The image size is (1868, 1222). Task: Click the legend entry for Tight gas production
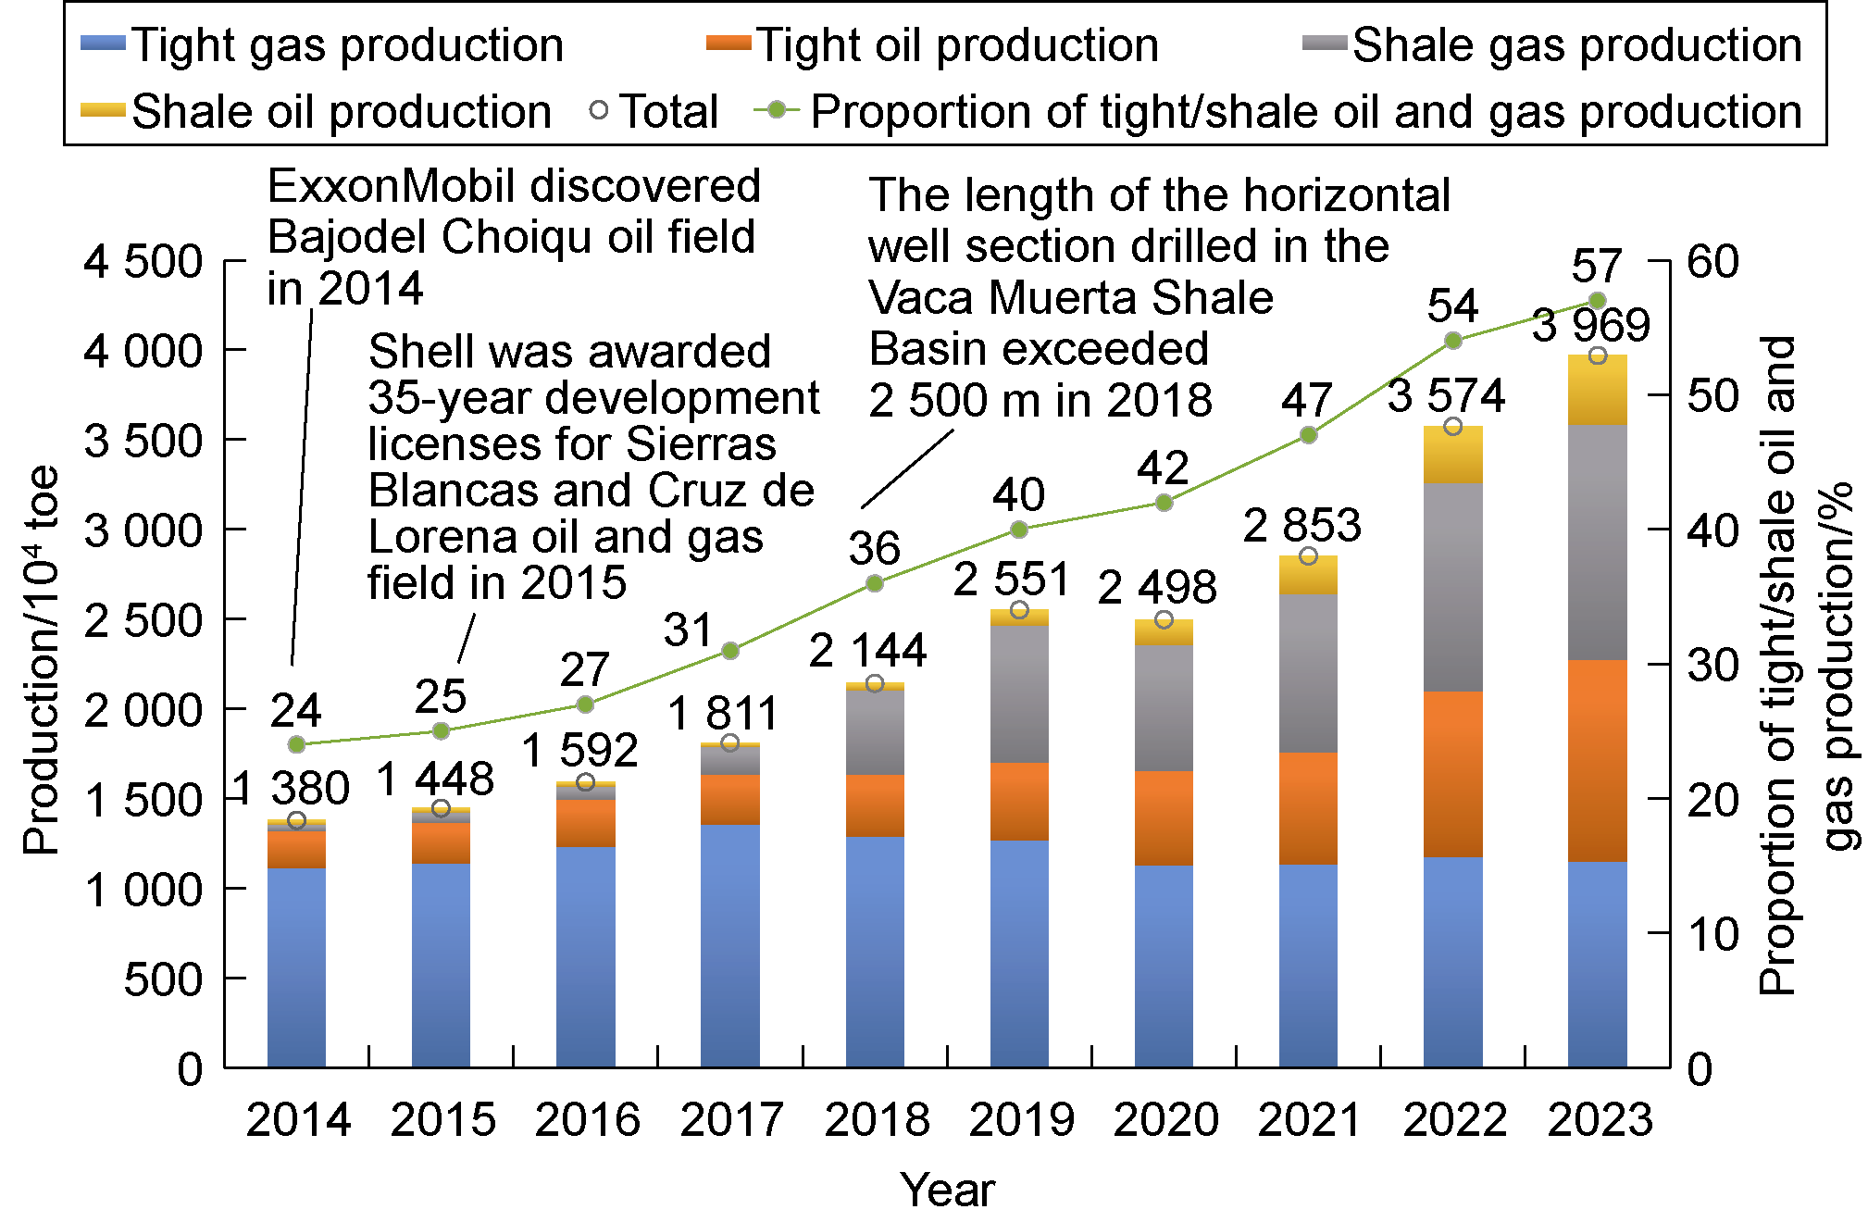coord(324,44)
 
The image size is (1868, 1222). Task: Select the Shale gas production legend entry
coord(1555,44)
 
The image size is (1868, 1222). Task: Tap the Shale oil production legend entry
coord(319,112)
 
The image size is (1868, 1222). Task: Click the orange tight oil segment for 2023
coord(1597,761)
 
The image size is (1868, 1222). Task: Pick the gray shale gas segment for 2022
coord(1452,587)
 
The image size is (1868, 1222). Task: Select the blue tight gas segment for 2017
coord(729,944)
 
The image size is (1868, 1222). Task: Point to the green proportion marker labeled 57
coord(1597,301)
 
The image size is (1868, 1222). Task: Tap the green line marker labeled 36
coord(874,583)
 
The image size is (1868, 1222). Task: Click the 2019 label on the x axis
coord(1020,1120)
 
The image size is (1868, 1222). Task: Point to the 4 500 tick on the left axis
coord(143,263)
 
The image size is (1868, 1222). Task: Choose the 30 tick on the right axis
coord(1712,665)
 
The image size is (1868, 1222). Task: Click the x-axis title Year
coord(947,1191)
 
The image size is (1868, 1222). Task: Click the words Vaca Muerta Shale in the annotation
coord(1070,298)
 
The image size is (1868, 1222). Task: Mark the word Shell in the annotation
coord(410,352)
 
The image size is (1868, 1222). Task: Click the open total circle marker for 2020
coord(1164,619)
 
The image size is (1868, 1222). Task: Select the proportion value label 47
coord(1306,401)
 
